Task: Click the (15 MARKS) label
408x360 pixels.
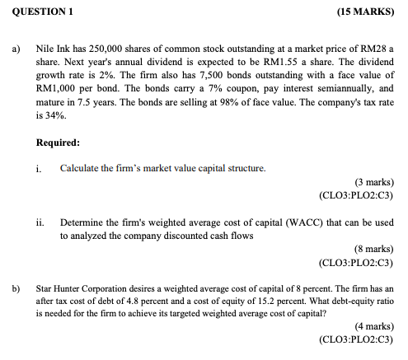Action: click(x=364, y=12)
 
